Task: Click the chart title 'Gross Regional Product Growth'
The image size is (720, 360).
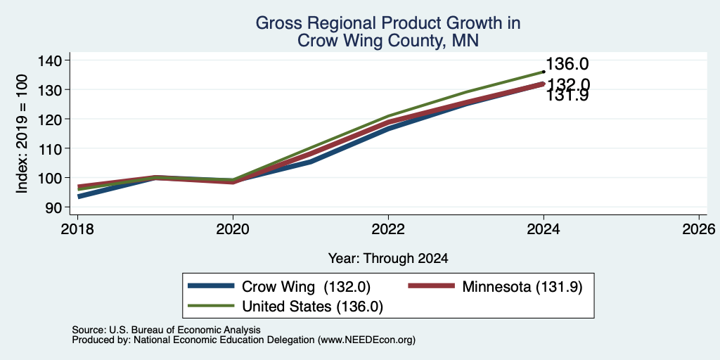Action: click(388, 23)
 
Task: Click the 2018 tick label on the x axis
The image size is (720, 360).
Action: click(77, 229)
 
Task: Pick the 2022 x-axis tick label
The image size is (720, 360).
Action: click(388, 229)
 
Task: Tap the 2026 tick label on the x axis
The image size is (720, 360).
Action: click(699, 229)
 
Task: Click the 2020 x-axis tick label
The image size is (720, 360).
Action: click(233, 229)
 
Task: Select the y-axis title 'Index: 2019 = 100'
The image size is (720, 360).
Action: click(22, 134)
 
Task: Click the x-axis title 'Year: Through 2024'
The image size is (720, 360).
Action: click(388, 259)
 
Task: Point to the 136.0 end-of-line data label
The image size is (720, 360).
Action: click(567, 64)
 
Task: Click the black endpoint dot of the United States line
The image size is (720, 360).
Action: click(544, 72)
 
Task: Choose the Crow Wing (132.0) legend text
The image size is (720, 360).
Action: click(306, 287)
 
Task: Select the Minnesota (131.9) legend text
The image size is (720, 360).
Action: click(522, 287)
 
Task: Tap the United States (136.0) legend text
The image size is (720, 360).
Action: click(312, 307)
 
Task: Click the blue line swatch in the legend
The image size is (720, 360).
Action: click(211, 287)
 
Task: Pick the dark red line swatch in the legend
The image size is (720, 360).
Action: click(432, 287)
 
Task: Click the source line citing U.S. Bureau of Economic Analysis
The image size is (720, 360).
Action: click(166, 330)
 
